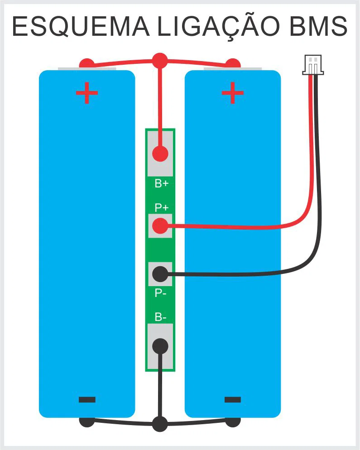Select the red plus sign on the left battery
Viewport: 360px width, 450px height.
[x=86, y=93]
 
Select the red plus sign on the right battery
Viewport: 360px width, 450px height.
[x=232, y=93]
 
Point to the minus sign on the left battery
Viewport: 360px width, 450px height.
[x=87, y=399]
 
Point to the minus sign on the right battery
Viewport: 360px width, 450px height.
[x=232, y=399]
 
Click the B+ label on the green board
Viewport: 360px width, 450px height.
[x=161, y=184]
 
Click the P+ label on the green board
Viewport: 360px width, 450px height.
[x=161, y=208]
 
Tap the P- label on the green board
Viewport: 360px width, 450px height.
[x=160, y=293]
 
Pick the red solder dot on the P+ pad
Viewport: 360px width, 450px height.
[x=160, y=225]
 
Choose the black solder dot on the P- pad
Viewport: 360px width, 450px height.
[x=160, y=273]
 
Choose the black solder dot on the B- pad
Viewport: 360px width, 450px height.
[x=160, y=346]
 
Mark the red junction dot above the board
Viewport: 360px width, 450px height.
[x=160, y=60]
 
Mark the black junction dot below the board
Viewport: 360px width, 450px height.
[x=160, y=424]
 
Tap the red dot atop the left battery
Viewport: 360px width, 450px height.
[x=86, y=63]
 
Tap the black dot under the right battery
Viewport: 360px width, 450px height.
[x=233, y=421]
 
